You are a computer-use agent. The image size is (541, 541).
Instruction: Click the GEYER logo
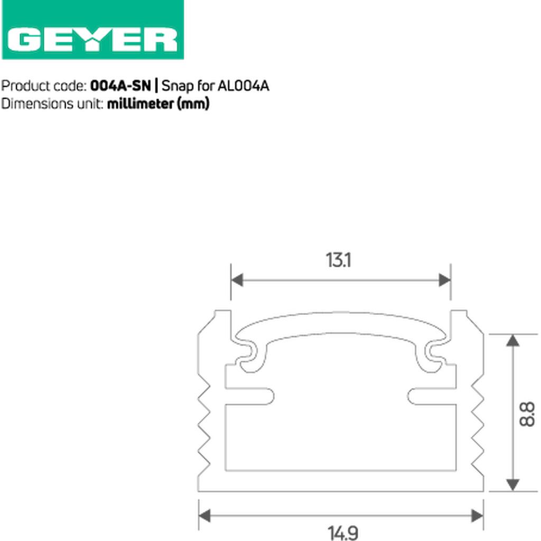(92, 30)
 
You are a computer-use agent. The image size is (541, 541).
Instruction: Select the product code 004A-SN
(120, 86)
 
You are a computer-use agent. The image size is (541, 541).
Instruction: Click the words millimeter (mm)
(158, 104)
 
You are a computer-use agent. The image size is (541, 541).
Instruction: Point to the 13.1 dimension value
(339, 260)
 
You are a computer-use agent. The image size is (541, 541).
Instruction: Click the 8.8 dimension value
(527, 414)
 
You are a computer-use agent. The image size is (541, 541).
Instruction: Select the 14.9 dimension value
(343, 533)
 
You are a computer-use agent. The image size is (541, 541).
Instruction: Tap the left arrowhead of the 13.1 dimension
(237, 280)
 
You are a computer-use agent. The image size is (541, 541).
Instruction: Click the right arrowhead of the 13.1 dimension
(444, 280)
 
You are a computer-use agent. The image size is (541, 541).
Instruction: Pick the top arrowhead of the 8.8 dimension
(512, 340)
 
